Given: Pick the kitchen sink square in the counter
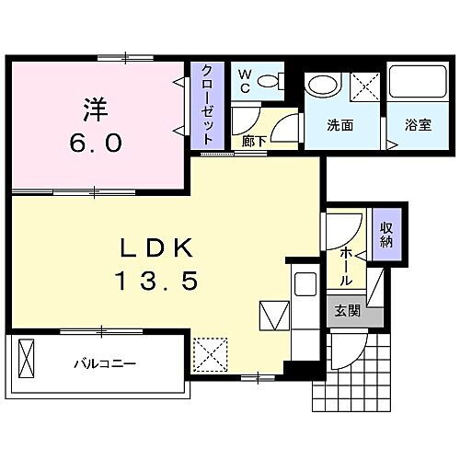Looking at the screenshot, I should pos(273,315).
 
